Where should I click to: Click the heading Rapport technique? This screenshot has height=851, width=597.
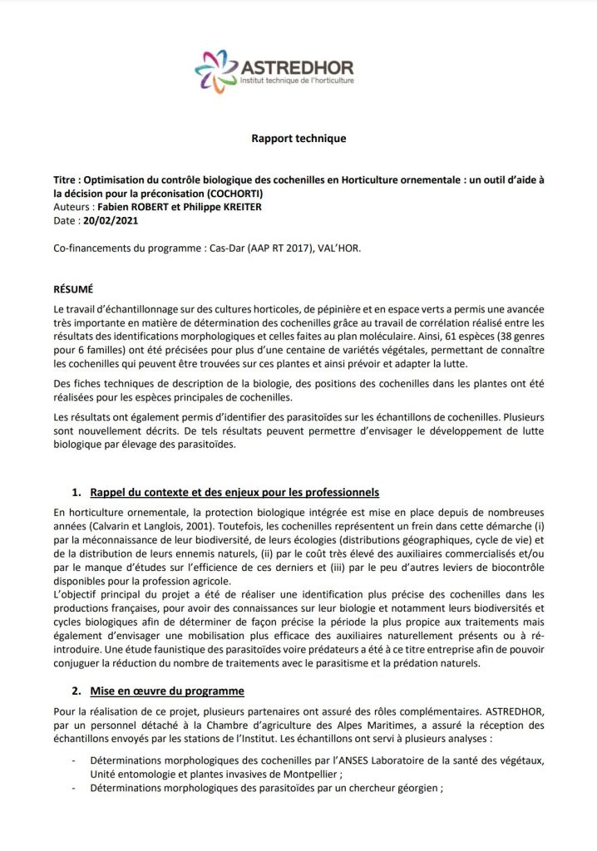coord(298,139)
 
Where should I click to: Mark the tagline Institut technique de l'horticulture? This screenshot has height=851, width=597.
coord(297,83)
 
